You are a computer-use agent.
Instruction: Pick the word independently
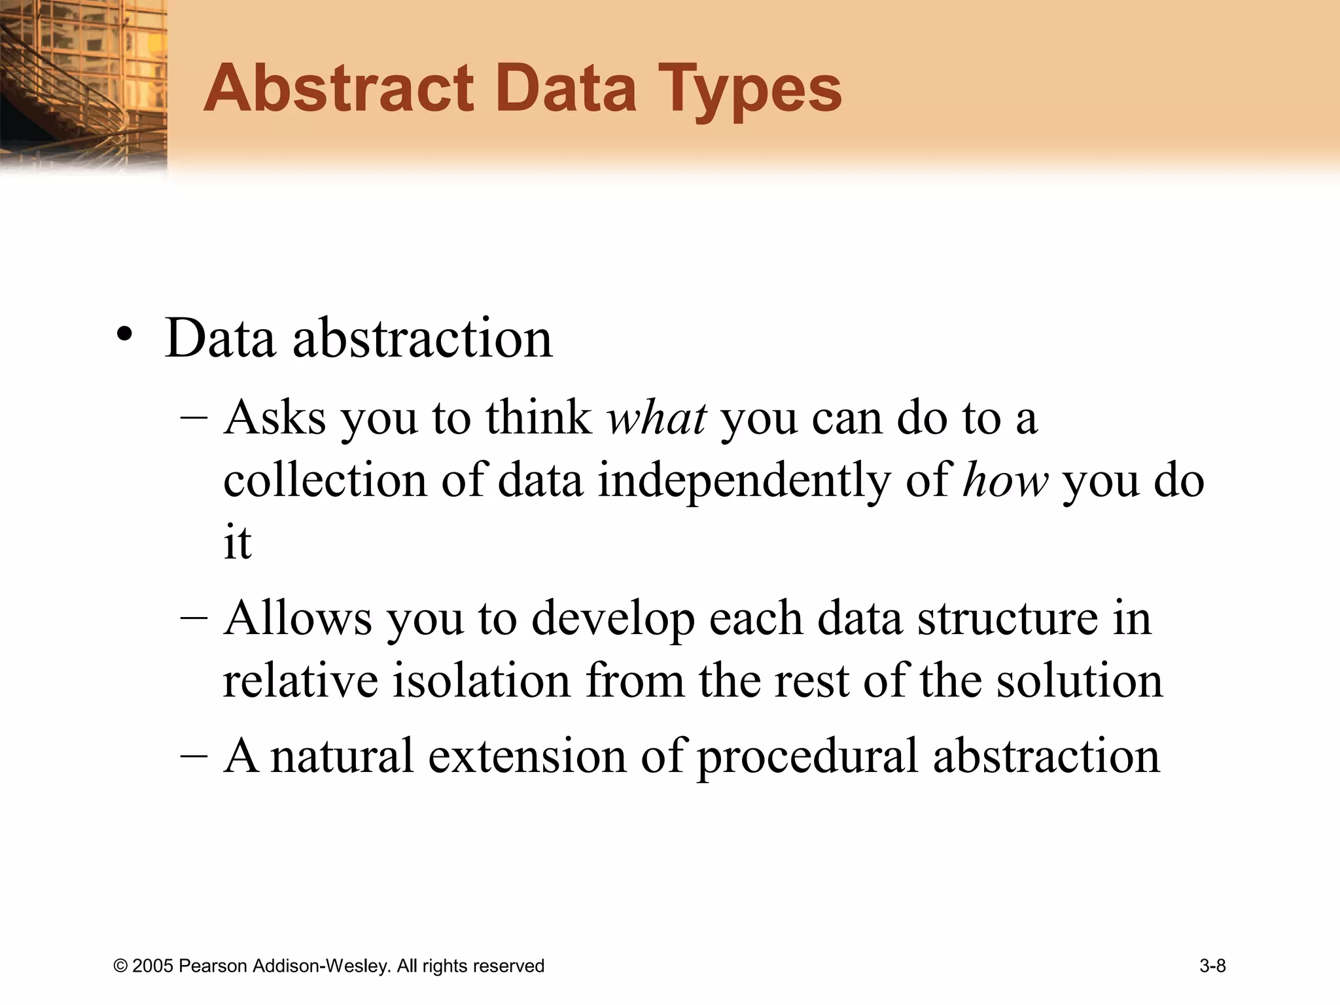tap(745, 482)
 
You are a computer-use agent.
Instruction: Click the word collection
tap(325, 480)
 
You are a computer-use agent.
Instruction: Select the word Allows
tap(297, 618)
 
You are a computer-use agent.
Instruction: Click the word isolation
tap(482, 680)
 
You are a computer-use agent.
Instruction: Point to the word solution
tap(1080, 680)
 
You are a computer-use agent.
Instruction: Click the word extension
tap(527, 756)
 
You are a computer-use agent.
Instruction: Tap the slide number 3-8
tap(1212, 966)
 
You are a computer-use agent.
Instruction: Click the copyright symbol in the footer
tap(120, 966)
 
